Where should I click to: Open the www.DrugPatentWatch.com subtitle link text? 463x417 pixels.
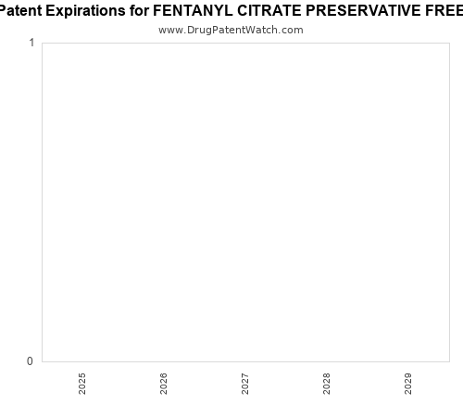pyautogui.click(x=231, y=30)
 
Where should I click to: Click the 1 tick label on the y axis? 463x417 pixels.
pyautogui.click(x=31, y=44)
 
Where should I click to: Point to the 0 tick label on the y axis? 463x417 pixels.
pyautogui.click(x=31, y=361)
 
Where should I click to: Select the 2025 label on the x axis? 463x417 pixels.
pyautogui.click(x=82, y=384)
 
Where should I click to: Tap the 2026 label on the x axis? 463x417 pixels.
pyautogui.click(x=164, y=384)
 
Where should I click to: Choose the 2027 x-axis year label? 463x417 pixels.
pyautogui.click(x=245, y=384)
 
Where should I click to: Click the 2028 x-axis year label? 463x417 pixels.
pyautogui.click(x=327, y=384)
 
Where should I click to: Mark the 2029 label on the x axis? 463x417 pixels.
pyautogui.click(x=408, y=384)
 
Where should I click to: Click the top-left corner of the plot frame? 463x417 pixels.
pyautogui.click(x=42, y=43)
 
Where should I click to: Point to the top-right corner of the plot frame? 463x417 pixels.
pyautogui.click(x=449, y=43)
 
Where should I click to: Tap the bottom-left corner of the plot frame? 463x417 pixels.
pyautogui.click(x=42, y=361)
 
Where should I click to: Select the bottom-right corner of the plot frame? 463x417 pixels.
pyautogui.click(x=449, y=361)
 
